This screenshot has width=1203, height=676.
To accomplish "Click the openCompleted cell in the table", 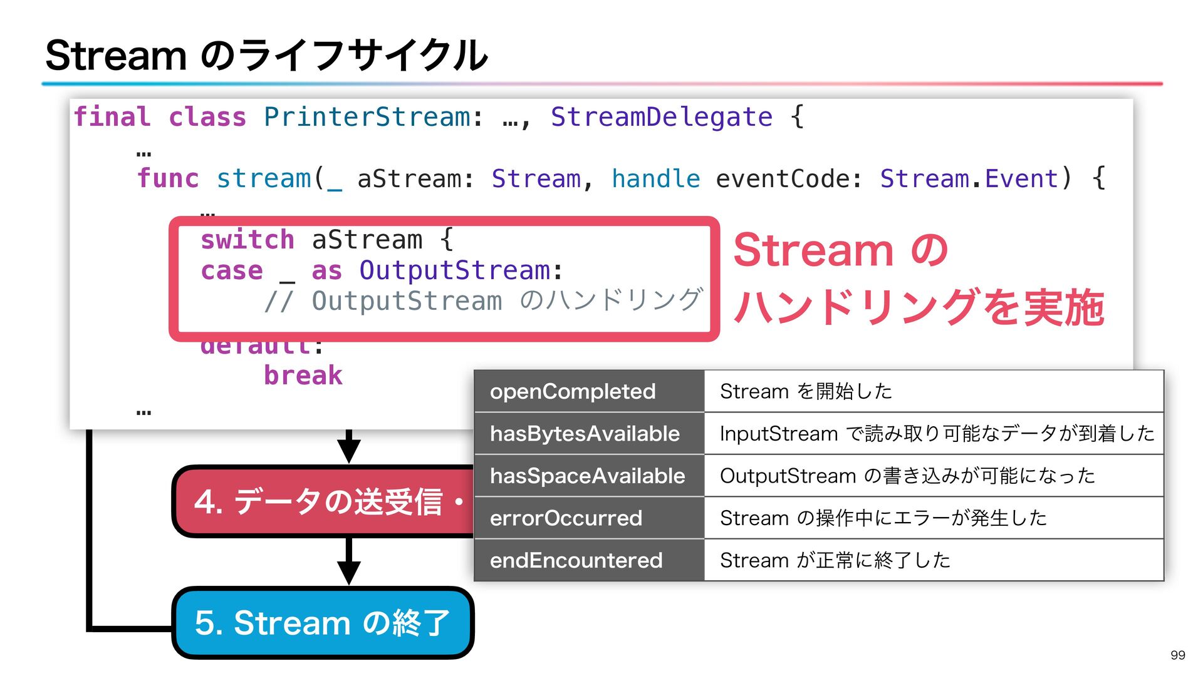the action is [x=573, y=391].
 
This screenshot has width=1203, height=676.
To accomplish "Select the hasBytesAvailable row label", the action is [x=585, y=433].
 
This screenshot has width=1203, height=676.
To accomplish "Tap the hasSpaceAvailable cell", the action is [x=587, y=476].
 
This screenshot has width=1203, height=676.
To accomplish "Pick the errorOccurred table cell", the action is [x=566, y=518].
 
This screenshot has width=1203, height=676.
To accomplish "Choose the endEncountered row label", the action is [x=576, y=560].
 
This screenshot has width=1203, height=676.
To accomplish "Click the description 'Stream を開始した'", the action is [x=806, y=391].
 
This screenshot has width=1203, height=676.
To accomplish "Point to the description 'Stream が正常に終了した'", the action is [x=835, y=560].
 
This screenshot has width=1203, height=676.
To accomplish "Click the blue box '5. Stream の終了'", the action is [x=322, y=623].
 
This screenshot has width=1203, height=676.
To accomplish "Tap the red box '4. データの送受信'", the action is [x=322, y=501].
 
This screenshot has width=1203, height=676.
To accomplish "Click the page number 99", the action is [x=1177, y=655].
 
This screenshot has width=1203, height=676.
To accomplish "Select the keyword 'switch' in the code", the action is [x=247, y=240].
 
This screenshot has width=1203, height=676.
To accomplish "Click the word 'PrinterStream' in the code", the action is [x=367, y=117].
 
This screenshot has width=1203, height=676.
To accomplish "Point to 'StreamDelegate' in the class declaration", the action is [x=661, y=117].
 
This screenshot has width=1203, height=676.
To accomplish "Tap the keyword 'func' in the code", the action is [x=167, y=178].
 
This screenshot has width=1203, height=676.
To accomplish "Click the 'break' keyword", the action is [x=303, y=376].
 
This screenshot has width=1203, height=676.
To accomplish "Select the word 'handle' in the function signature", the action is [x=655, y=178].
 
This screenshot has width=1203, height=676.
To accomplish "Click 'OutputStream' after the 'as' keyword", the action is [x=454, y=270].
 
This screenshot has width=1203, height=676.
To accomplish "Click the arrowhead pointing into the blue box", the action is [x=348, y=572].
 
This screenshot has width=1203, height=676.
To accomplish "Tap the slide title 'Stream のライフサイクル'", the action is [x=266, y=55].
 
